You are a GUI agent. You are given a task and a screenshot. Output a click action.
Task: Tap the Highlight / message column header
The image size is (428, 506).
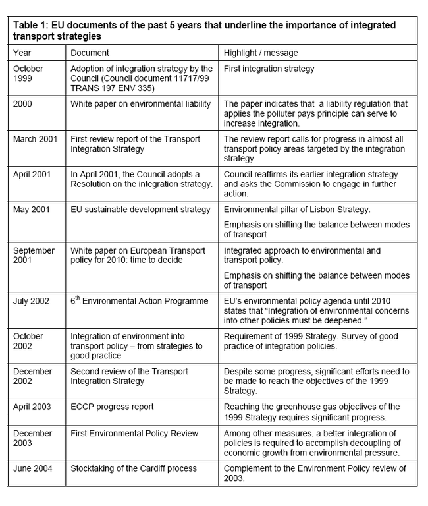tap(261, 52)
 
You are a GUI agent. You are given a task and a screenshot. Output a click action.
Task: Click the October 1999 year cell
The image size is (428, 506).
tap(29, 73)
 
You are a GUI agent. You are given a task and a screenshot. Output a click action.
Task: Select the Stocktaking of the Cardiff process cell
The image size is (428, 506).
tap(135, 468)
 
